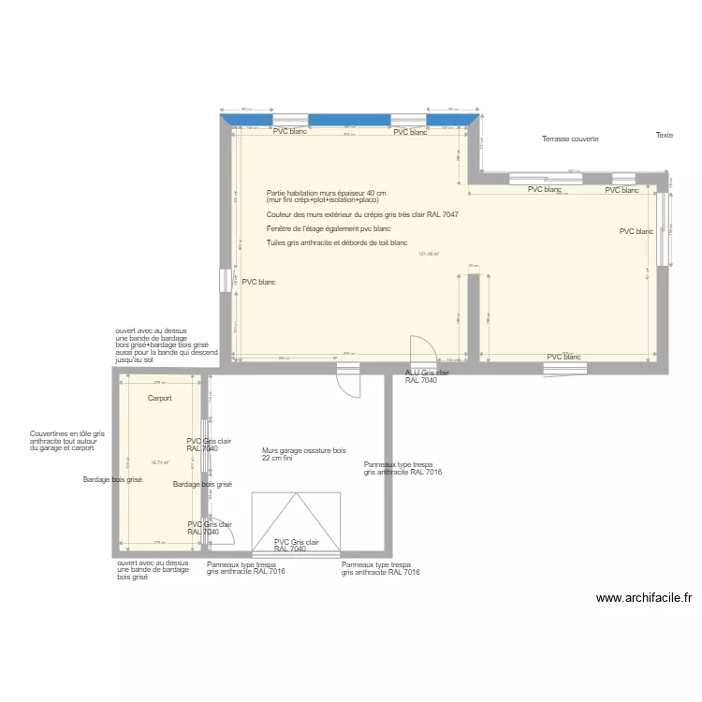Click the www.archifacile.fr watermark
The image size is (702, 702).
click(643, 598)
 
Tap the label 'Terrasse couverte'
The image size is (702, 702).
click(570, 139)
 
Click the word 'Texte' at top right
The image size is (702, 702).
click(664, 136)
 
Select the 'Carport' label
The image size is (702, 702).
click(159, 399)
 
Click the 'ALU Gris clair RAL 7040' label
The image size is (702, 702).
click(427, 377)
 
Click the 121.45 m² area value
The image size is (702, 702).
click(429, 254)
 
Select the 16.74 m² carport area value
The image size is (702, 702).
click(159, 462)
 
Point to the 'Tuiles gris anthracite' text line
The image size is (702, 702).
click(337, 243)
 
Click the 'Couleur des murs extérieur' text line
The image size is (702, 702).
click(361, 214)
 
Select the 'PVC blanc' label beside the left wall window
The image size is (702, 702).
click(258, 282)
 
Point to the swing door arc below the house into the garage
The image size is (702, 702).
click(348, 383)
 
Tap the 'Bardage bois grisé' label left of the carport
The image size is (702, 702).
click(112, 480)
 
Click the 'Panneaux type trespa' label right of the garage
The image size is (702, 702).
click(402, 468)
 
